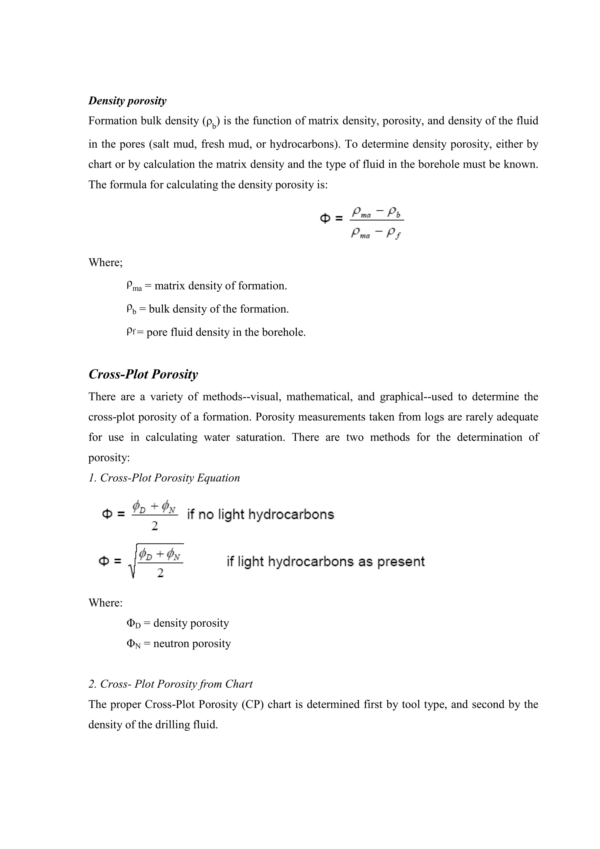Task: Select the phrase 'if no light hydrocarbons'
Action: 260,514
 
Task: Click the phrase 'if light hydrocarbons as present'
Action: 325,562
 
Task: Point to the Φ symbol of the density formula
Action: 325,219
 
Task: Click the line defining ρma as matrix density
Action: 206,286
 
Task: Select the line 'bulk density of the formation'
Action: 207,309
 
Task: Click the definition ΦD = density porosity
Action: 178,623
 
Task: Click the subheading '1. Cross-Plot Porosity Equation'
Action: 164,478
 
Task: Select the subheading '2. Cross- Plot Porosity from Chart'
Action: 171,684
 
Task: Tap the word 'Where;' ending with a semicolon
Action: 105,262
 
